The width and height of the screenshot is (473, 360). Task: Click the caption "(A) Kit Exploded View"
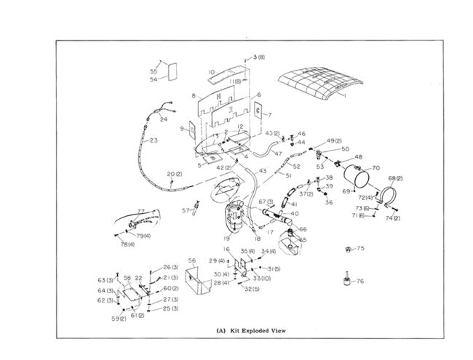pyautogui.click(x=251, y=330)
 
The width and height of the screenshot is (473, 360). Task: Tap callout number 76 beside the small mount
pyautogui.click(x=360, y=281)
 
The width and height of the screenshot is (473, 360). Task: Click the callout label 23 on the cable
pyautogui.click(x=154, y=141)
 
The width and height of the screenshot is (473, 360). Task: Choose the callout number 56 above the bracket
pyautogui.click(x=192, y=260)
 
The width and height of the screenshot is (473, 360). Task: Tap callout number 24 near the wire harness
pyautogui.click(x=164, y=119)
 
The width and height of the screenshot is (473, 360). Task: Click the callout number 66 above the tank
pyautogui.click(x=303, y=229)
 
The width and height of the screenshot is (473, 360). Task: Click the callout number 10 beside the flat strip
pyautogui.click(x=211, y=72)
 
